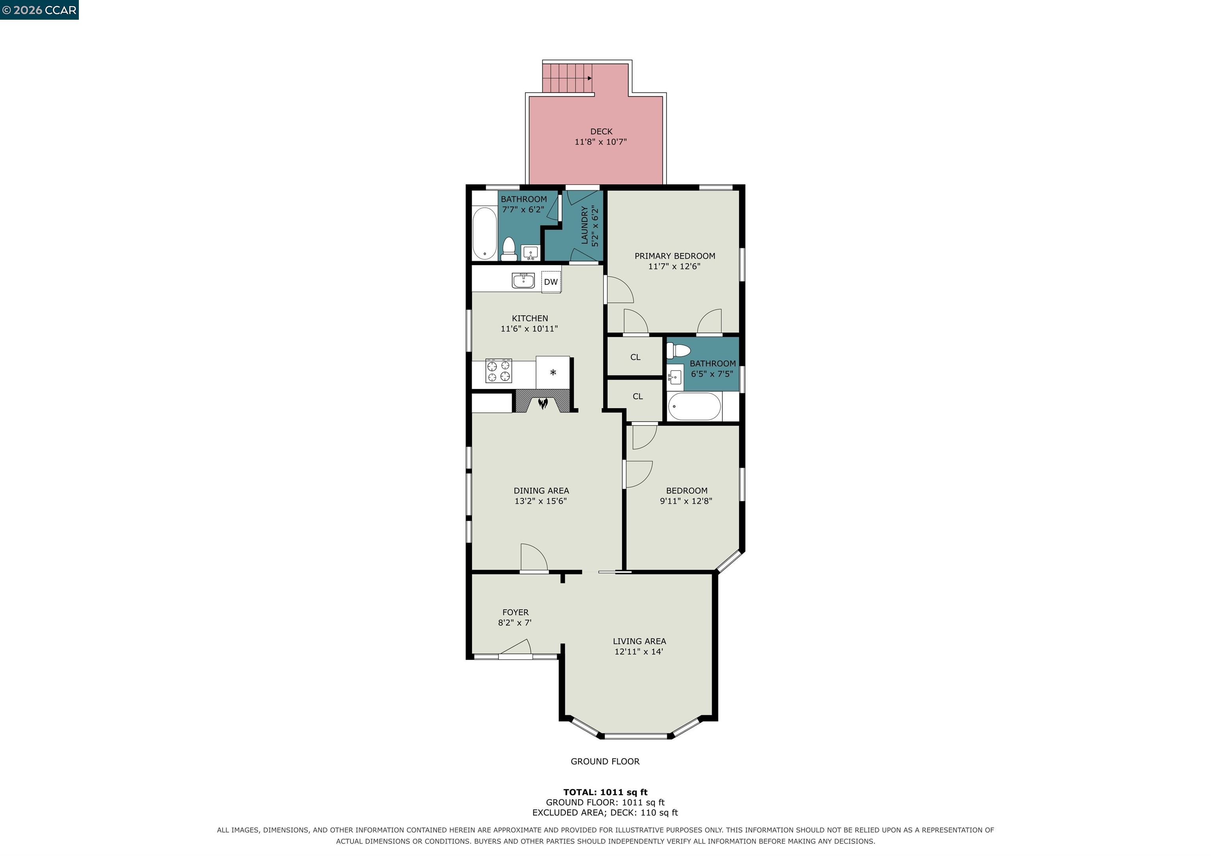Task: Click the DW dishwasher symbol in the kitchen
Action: (x=551, y=282)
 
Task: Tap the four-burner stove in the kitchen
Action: (x=498, y=371)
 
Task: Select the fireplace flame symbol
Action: (x=543, y=404)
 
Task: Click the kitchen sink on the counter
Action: (x=523, y=281)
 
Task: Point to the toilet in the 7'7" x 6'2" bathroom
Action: (x=509, y=249)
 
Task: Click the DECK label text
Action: (x=601, y=131)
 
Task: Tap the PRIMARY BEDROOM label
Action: (x=674, y=256)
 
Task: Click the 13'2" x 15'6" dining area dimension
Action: (x=540, y=501)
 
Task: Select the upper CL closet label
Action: (x=635, y=357)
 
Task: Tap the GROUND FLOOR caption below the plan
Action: (x=605, y=761)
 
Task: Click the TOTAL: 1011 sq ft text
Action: (x=605, y=792)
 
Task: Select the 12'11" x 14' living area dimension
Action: (x=639, y=651)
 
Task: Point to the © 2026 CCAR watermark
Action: (x=39, y=10)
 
